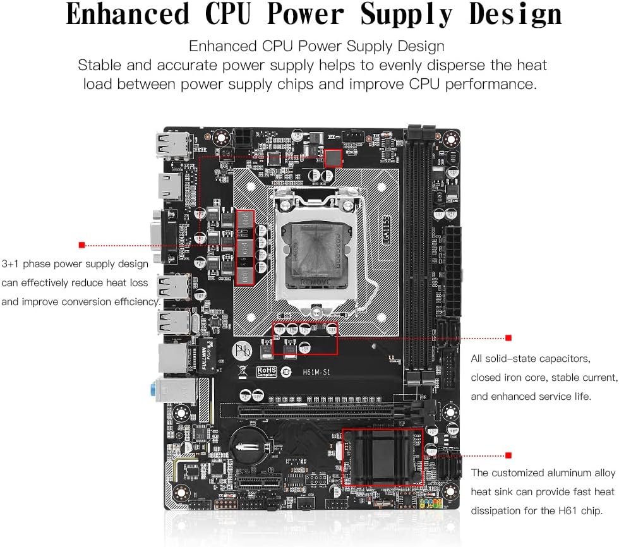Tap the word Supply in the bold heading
(x=413, y=15)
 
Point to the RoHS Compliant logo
(x=267, y=371)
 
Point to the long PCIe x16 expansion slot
(x=316, y=411)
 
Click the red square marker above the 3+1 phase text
(x=81, y=244)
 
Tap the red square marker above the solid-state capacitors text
(x=508, y=338)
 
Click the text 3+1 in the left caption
(x=13, y=263)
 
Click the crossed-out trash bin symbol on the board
(x=243, y=371)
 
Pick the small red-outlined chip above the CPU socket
(x=332, y=158)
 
